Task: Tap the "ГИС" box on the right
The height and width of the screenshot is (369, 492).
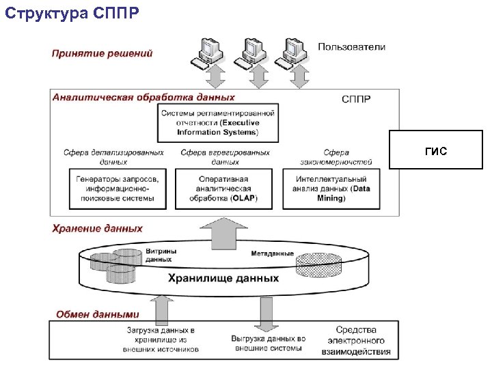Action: (x=435, y=150)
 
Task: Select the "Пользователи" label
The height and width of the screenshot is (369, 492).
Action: (x=351, y=47)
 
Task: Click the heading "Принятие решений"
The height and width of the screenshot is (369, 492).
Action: (x=102, y=53)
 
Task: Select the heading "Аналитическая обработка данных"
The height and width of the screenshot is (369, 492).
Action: (x=143, y=98)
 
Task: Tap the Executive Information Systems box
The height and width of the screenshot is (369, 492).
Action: (x=218, y=122)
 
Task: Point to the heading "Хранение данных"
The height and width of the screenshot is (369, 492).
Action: (x=98, y=228)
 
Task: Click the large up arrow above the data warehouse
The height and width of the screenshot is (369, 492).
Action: (x=224, y=232)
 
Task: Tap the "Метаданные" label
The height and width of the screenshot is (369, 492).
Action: (x=272, y=254)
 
